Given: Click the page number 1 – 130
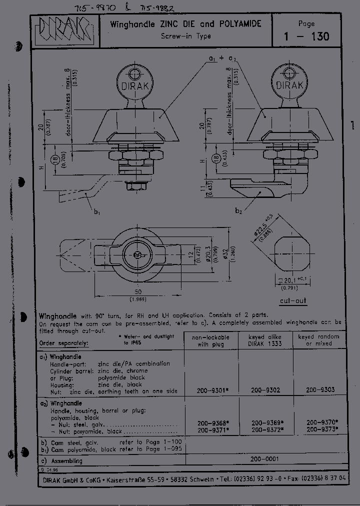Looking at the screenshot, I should coord(306,36).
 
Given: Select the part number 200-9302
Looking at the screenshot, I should coord(265,389).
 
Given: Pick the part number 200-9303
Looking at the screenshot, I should coord(320,389).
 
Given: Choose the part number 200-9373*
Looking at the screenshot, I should coord(322,429).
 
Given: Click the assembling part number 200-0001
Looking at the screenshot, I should coord(265,459).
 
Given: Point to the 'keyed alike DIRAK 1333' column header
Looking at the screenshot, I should coord(265,340).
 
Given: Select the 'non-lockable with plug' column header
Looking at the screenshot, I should coord(210,340).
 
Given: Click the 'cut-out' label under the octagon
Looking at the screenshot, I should coord(293,301).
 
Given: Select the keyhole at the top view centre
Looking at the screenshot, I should coord(137,254).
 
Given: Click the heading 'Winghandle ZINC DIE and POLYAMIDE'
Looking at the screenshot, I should coord(185,24).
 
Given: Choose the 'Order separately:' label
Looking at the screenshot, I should coord(63,343).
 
